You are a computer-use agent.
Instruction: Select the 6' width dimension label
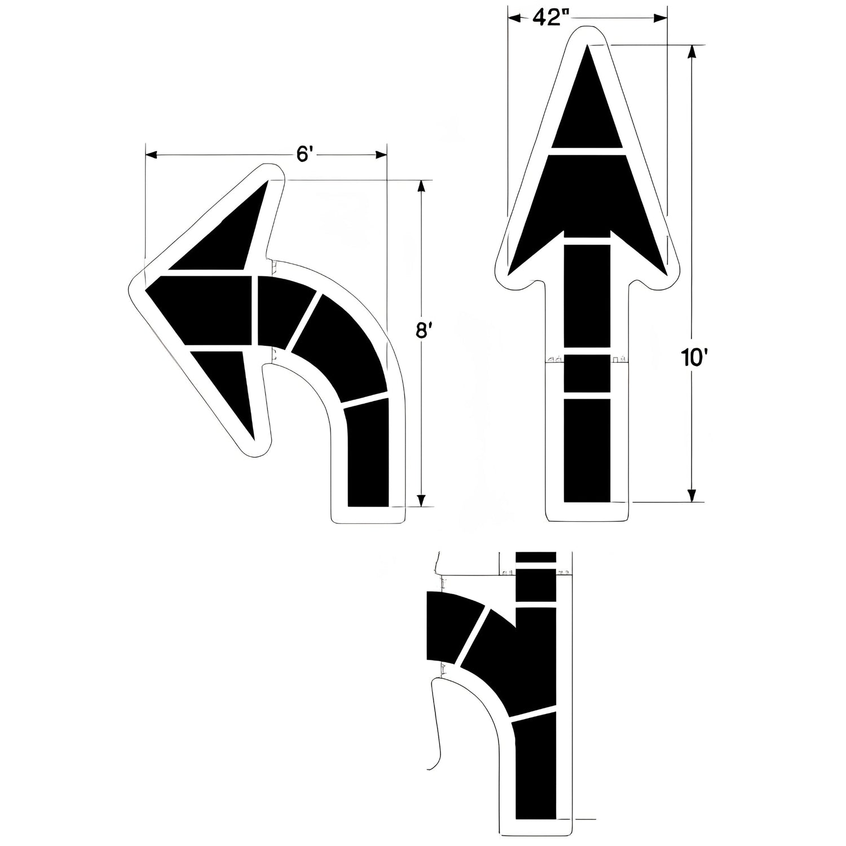pos(304,154)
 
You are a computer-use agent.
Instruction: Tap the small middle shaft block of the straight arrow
pos(588,373)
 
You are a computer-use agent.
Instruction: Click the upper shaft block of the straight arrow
pos(588,296)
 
